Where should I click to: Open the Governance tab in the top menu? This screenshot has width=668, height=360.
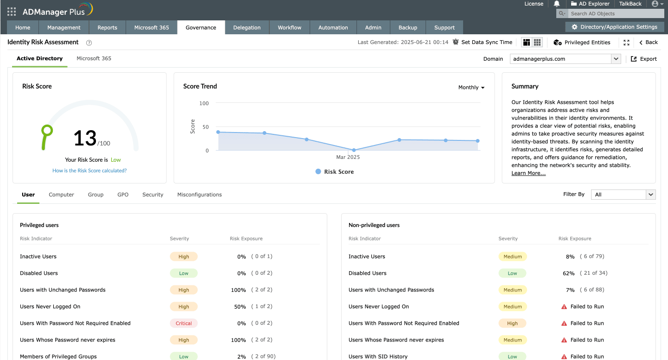(201, 27)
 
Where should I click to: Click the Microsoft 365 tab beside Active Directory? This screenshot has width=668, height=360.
(94, 58)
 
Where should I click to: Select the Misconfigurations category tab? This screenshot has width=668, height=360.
(199, 195)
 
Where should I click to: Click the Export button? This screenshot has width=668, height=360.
(644, 59)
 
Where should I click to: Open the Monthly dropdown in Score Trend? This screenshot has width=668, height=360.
(471, 88)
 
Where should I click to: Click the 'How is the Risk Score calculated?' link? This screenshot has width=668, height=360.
(89, 171)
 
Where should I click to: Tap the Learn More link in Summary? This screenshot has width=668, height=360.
(528, 173)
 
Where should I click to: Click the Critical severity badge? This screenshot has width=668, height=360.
(184, 323)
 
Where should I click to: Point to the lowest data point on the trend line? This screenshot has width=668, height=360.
(354, 150)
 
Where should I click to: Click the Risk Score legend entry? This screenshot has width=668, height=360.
(334, 171)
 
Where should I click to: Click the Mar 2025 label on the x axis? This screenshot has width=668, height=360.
(348, 157)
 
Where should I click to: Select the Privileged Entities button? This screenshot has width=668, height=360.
(582, 42)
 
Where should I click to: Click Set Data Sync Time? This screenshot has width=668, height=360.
(483, 42)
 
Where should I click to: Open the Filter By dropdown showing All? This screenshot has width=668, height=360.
(623, 195)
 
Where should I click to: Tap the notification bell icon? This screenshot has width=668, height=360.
(557, 4)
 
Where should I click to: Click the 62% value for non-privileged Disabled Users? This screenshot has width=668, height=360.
(569, 273)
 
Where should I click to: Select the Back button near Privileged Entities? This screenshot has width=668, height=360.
(648, 42)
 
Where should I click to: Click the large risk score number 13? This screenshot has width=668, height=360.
(85, 138)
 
